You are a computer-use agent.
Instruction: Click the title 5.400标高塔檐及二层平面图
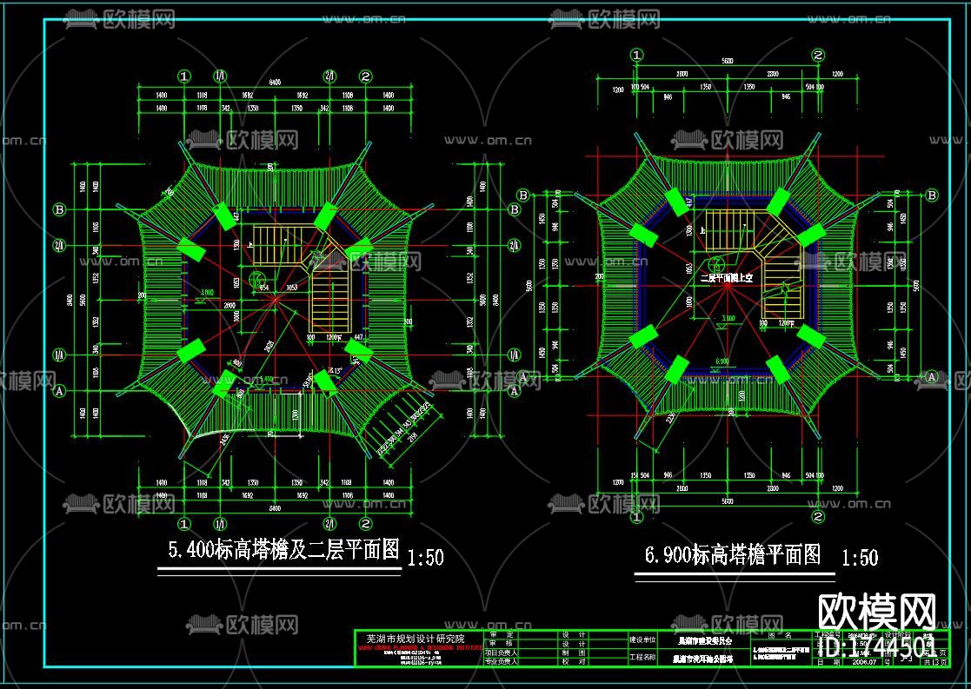[283, 550]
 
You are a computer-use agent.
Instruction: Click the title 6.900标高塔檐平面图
[732, 555]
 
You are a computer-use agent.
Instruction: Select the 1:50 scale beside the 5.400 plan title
[425, 556]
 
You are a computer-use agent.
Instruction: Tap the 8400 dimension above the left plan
[275, 82]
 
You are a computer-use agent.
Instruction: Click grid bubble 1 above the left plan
[183, 76]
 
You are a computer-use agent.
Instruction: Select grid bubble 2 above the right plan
[818, 55]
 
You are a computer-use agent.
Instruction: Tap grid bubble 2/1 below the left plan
[330, 522]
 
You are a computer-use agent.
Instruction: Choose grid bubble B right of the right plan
[932, 195]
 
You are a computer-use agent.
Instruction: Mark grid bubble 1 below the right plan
[637, 517]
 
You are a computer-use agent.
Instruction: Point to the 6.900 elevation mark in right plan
[722, 361]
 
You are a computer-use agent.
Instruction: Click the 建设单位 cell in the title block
[643, 639]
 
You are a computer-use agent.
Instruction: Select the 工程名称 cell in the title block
[643, 657]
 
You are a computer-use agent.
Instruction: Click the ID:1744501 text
[879, 647]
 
